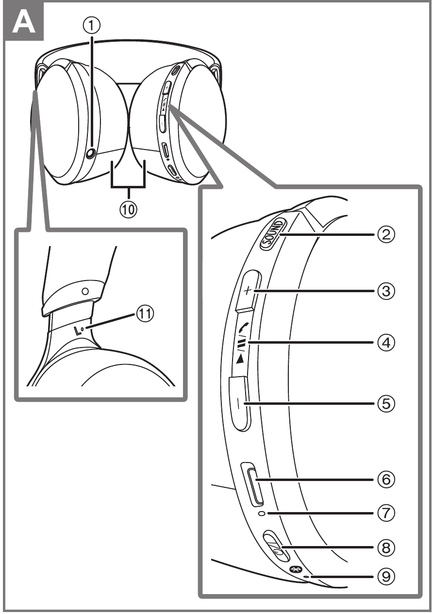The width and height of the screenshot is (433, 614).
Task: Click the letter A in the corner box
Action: [24, 23]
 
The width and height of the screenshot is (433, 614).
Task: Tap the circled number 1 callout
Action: [92, 26]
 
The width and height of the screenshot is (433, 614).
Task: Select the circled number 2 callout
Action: [386, 234]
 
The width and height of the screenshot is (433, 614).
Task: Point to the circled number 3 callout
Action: [386, 291]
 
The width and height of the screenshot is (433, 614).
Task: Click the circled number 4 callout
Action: [386, 343]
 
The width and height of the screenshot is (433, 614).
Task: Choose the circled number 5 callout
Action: [386, 403]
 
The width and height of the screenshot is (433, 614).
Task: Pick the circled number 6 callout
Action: [386, 480]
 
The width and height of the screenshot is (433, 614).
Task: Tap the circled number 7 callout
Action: [386, 513]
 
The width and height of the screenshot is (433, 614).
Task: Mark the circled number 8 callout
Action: [386, 548]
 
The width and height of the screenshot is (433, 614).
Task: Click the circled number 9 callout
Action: [386, 576]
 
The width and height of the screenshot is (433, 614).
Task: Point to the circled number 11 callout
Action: [145, 314]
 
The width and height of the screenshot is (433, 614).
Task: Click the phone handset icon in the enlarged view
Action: [243, 327]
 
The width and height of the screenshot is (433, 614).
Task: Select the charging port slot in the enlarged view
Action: [255, 487]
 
